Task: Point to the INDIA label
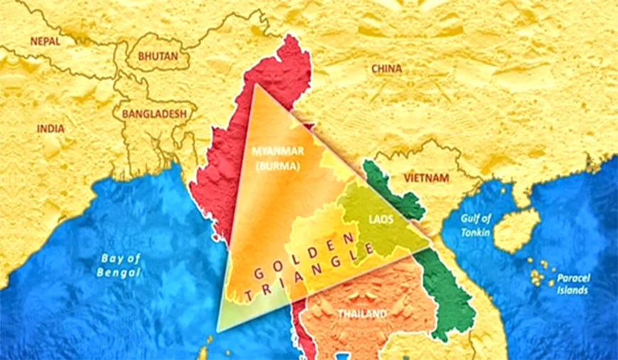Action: pyautogui.click(x=50, y=129)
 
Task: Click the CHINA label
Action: pyautogui.click(x=386, y=69)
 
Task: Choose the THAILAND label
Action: pyautogui.click(x=362, y=313)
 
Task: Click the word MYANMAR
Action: pyautogui.click(x=277, y=151)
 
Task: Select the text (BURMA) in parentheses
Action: pyautogui.click(x=277, y=165)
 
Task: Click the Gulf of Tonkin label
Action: pyautogui.click(x=475, y=226)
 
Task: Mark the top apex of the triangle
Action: pyautogui.click(x=255, y=84)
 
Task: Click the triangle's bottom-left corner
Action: pyautogui.click(x=219, y=330)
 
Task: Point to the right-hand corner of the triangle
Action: pyautogui.click(x=430, y=246)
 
